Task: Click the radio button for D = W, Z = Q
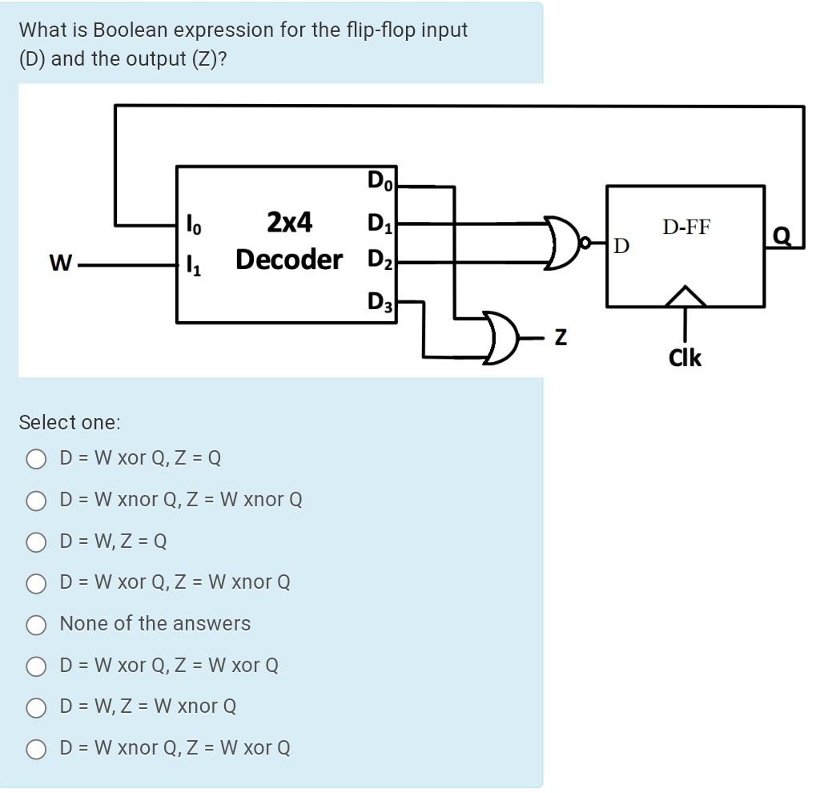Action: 36,542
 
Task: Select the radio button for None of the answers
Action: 36,625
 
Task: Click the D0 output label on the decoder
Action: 380,182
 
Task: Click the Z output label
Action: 561,338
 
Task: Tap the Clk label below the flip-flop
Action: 685,357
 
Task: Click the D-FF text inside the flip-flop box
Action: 685,227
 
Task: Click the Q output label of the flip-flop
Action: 782,234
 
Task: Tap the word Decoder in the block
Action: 289,260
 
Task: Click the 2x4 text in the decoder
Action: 289,222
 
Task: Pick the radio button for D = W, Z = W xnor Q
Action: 36,707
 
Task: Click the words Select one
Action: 69,422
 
